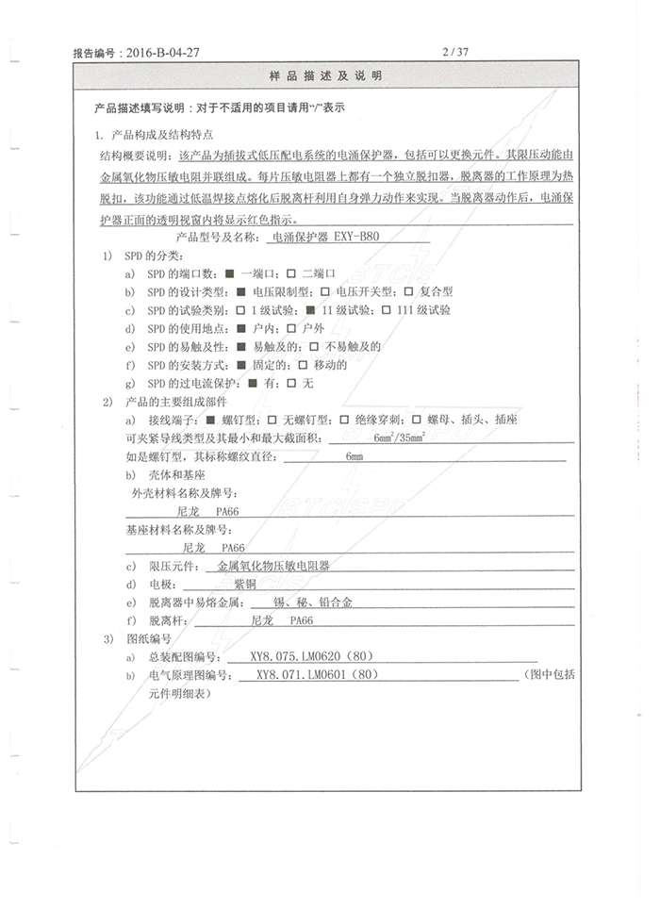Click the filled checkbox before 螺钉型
pyautogui.click(x=210, y=419)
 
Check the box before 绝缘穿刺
pyautogui.click(x=344, y=419)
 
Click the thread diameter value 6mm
pyautogui.click(x=355, y=456)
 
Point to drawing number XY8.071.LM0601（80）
pyautogui.click(x=318, y=675)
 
